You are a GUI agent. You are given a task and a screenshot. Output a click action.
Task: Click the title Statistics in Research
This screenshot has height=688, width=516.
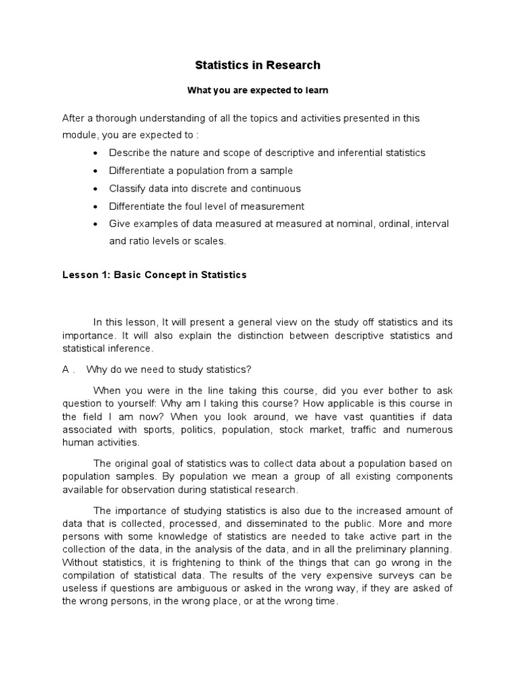pyautogui.click(x=257, y=65)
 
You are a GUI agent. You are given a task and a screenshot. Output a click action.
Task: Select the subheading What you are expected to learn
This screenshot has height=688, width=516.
pyautogui.click(x=257, y=90)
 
